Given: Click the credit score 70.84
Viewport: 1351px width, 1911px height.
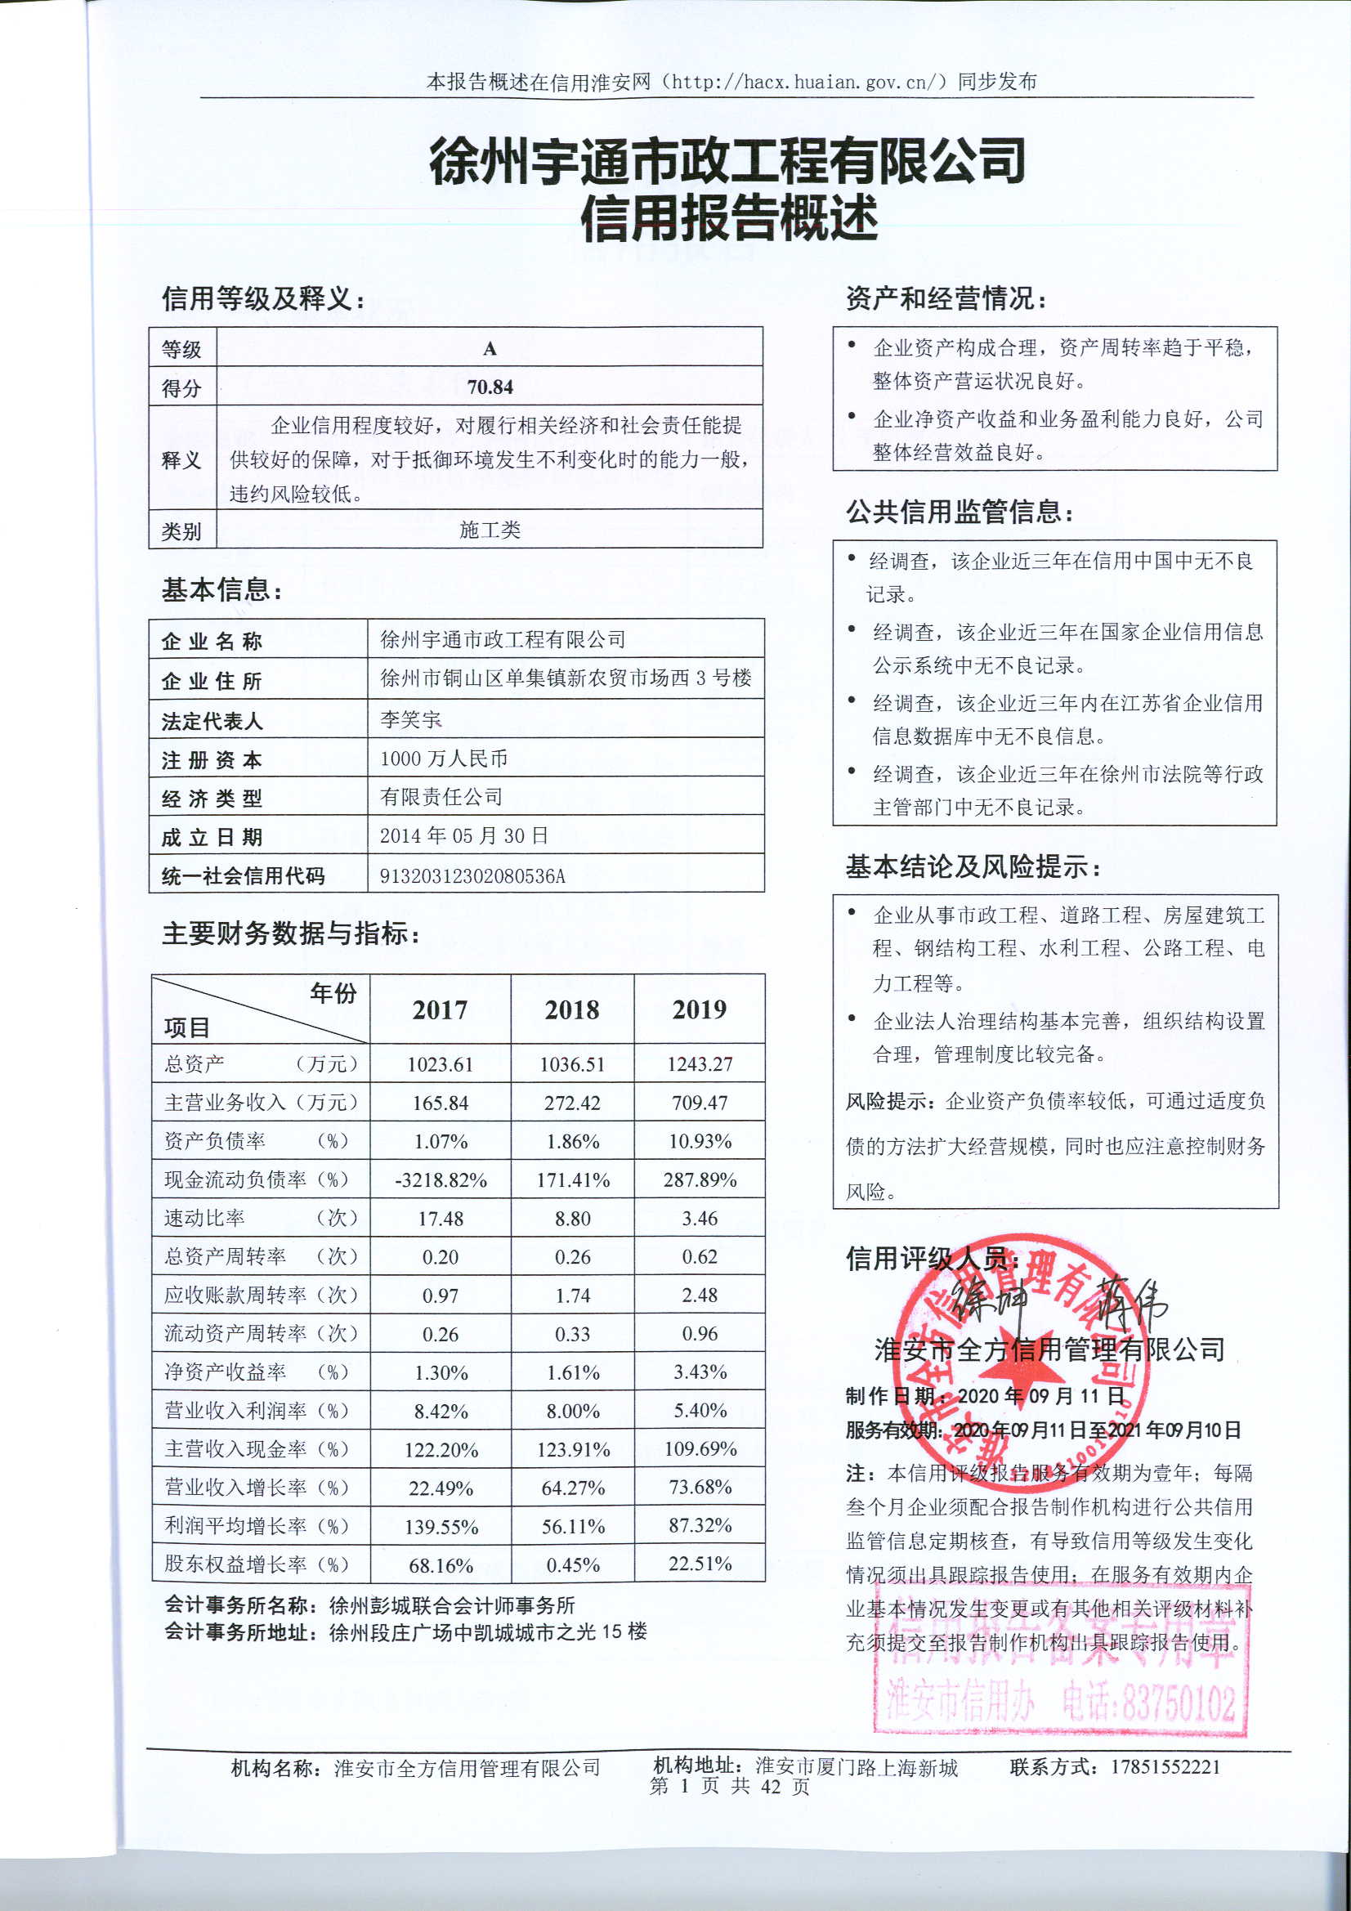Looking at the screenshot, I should click(x=490, y=387).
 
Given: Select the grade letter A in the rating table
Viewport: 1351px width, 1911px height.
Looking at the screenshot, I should click(x=490, y=349).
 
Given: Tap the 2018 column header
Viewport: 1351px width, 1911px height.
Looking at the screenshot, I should click(x=572, y=1009).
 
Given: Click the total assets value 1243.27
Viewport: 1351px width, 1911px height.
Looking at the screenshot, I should click(x=700, y=1063).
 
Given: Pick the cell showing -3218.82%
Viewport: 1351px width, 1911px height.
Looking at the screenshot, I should click(x=441, y=1180).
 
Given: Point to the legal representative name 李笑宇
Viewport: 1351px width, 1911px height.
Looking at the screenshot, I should click(x=410, y=719).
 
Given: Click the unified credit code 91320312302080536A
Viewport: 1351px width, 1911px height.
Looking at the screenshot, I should click(x=472, y=875).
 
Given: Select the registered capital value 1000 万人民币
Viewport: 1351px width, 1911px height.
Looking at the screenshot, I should click(x=444, y=759).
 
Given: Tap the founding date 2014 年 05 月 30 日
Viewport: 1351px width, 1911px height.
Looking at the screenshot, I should click(x=463, y=835).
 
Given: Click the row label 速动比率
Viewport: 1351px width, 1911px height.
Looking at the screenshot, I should click(x=205, y=1219).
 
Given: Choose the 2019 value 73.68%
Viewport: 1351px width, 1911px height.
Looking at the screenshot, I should click(x=700, y=1488).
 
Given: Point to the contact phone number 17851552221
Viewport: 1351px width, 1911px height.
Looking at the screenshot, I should click(x=1165, y=1767).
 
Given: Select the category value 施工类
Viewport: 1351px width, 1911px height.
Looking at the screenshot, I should click(x=490, y=530).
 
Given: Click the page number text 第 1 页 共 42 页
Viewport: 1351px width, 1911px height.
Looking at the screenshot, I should click(x=729, y=1786).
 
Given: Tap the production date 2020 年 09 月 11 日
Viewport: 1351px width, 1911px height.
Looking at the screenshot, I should click(x=1040, y=1396).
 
